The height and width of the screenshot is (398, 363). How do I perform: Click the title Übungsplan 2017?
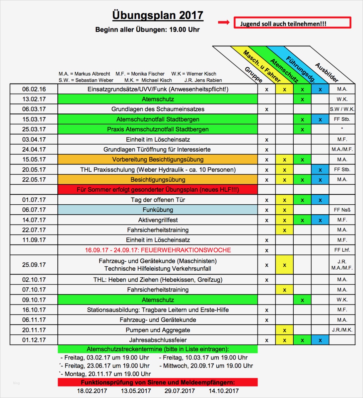tap(158, 15)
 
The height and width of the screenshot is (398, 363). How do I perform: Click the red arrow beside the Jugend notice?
tap(223, 23)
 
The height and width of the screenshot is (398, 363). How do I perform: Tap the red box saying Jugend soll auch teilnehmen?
tap(292, 23)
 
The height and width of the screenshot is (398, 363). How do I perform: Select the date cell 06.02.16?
tap(34, 89)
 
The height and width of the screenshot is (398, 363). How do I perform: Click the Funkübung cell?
tap(158, 210)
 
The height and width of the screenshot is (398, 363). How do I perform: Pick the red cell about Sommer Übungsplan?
tap(158, 190)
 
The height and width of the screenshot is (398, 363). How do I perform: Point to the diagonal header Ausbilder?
tap(327, 72)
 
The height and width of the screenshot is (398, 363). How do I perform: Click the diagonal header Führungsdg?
tap(300, 70)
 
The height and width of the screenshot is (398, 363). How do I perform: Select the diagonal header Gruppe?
tap(254, 75)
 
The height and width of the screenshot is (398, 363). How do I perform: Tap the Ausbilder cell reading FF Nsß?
tap(342, 210)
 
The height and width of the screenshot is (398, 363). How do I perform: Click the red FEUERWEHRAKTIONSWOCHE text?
tap(158, 250)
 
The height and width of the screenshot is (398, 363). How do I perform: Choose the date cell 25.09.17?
tap(34, 265)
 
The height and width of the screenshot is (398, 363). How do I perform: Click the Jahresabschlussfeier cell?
tap(158, 340)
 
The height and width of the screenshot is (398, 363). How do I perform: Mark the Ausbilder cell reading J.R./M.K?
tap(342, 330)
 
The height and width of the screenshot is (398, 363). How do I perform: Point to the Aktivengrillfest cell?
tap(158, 220)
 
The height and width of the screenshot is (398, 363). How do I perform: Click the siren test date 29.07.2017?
tap(180, 391)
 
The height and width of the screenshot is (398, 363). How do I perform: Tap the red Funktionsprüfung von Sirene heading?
tap(158, 382)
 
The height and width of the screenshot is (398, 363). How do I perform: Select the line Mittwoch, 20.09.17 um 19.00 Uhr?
tap(206, 366)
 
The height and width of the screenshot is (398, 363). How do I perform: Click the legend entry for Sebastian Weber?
tap(86, 80)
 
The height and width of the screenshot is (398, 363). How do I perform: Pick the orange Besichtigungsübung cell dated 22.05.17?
tap(158, 180)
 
